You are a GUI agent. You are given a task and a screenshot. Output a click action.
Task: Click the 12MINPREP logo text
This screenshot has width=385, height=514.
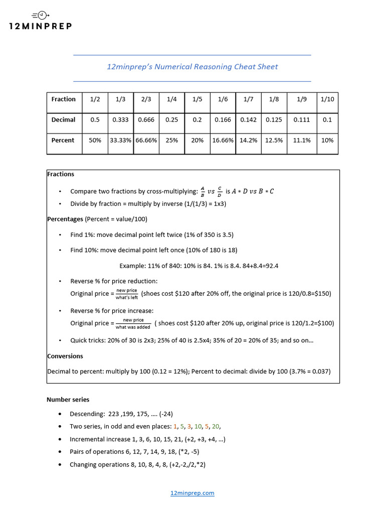[x=41, y=26]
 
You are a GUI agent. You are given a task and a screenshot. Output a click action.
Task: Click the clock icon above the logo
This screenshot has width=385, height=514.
[x=43, y=15]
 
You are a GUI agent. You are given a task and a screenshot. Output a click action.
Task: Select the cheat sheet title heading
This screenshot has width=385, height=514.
[x=192, y=67]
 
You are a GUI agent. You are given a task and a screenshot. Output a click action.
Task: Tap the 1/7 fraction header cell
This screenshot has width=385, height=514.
[x=248, y=99]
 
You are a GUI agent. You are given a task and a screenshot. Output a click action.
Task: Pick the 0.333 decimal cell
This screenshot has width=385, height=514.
[x=120, y=120]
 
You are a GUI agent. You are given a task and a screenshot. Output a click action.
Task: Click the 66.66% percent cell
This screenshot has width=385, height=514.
[x=146, y=141]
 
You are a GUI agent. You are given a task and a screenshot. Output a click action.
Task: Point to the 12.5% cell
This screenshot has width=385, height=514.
[x=274, y=141]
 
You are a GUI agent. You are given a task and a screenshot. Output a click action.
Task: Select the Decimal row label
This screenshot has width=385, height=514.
[x=63, y=120]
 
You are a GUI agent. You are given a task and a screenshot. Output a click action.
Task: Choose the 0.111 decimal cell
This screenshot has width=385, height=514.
[x=301, y=120]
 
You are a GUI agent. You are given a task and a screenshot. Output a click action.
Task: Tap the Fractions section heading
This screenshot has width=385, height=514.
[x=61, y=174]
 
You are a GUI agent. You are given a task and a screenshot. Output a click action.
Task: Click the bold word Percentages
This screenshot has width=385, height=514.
[x=65, y=219]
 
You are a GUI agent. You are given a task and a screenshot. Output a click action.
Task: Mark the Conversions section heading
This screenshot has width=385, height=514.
[x=65, y=356]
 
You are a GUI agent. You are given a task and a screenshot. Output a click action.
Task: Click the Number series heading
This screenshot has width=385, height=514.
[x=68, y=400]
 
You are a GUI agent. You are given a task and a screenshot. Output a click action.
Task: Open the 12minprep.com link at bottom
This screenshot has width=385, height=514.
[x=192, y=493]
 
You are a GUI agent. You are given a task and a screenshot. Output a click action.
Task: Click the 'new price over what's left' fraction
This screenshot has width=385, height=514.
[x=127, y=294]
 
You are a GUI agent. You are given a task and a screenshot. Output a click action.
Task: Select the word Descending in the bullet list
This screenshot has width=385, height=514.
[x=87, y=414]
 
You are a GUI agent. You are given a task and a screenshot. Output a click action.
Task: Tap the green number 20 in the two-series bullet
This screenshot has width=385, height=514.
[x=216, y=427]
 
